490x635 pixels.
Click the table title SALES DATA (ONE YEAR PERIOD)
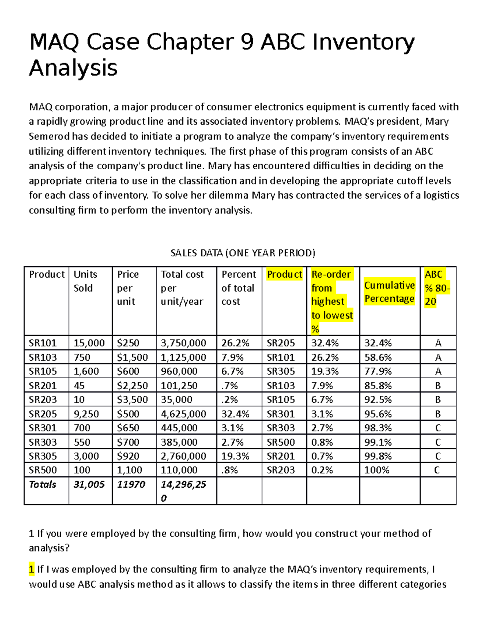point(243,253)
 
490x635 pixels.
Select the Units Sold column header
point(85,281)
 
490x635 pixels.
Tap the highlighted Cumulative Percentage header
point(389,292)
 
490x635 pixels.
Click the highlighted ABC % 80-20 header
point(437,288)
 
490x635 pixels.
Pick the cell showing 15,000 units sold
point(89,343)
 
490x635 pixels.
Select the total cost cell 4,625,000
point(183,414)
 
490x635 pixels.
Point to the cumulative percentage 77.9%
point(378,371)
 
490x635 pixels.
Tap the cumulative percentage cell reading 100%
point(376,470)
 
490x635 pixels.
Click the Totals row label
point(42,485)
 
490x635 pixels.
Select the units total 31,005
point(89,485)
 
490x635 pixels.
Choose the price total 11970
point(131,485)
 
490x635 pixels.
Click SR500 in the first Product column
point(42,470)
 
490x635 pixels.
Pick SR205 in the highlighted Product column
point(281,343)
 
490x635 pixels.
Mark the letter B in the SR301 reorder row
point(438,414)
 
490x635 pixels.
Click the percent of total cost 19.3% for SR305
point(235,456)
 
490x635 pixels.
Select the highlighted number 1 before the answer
point(31,569)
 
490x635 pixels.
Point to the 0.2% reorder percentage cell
point(322,470)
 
